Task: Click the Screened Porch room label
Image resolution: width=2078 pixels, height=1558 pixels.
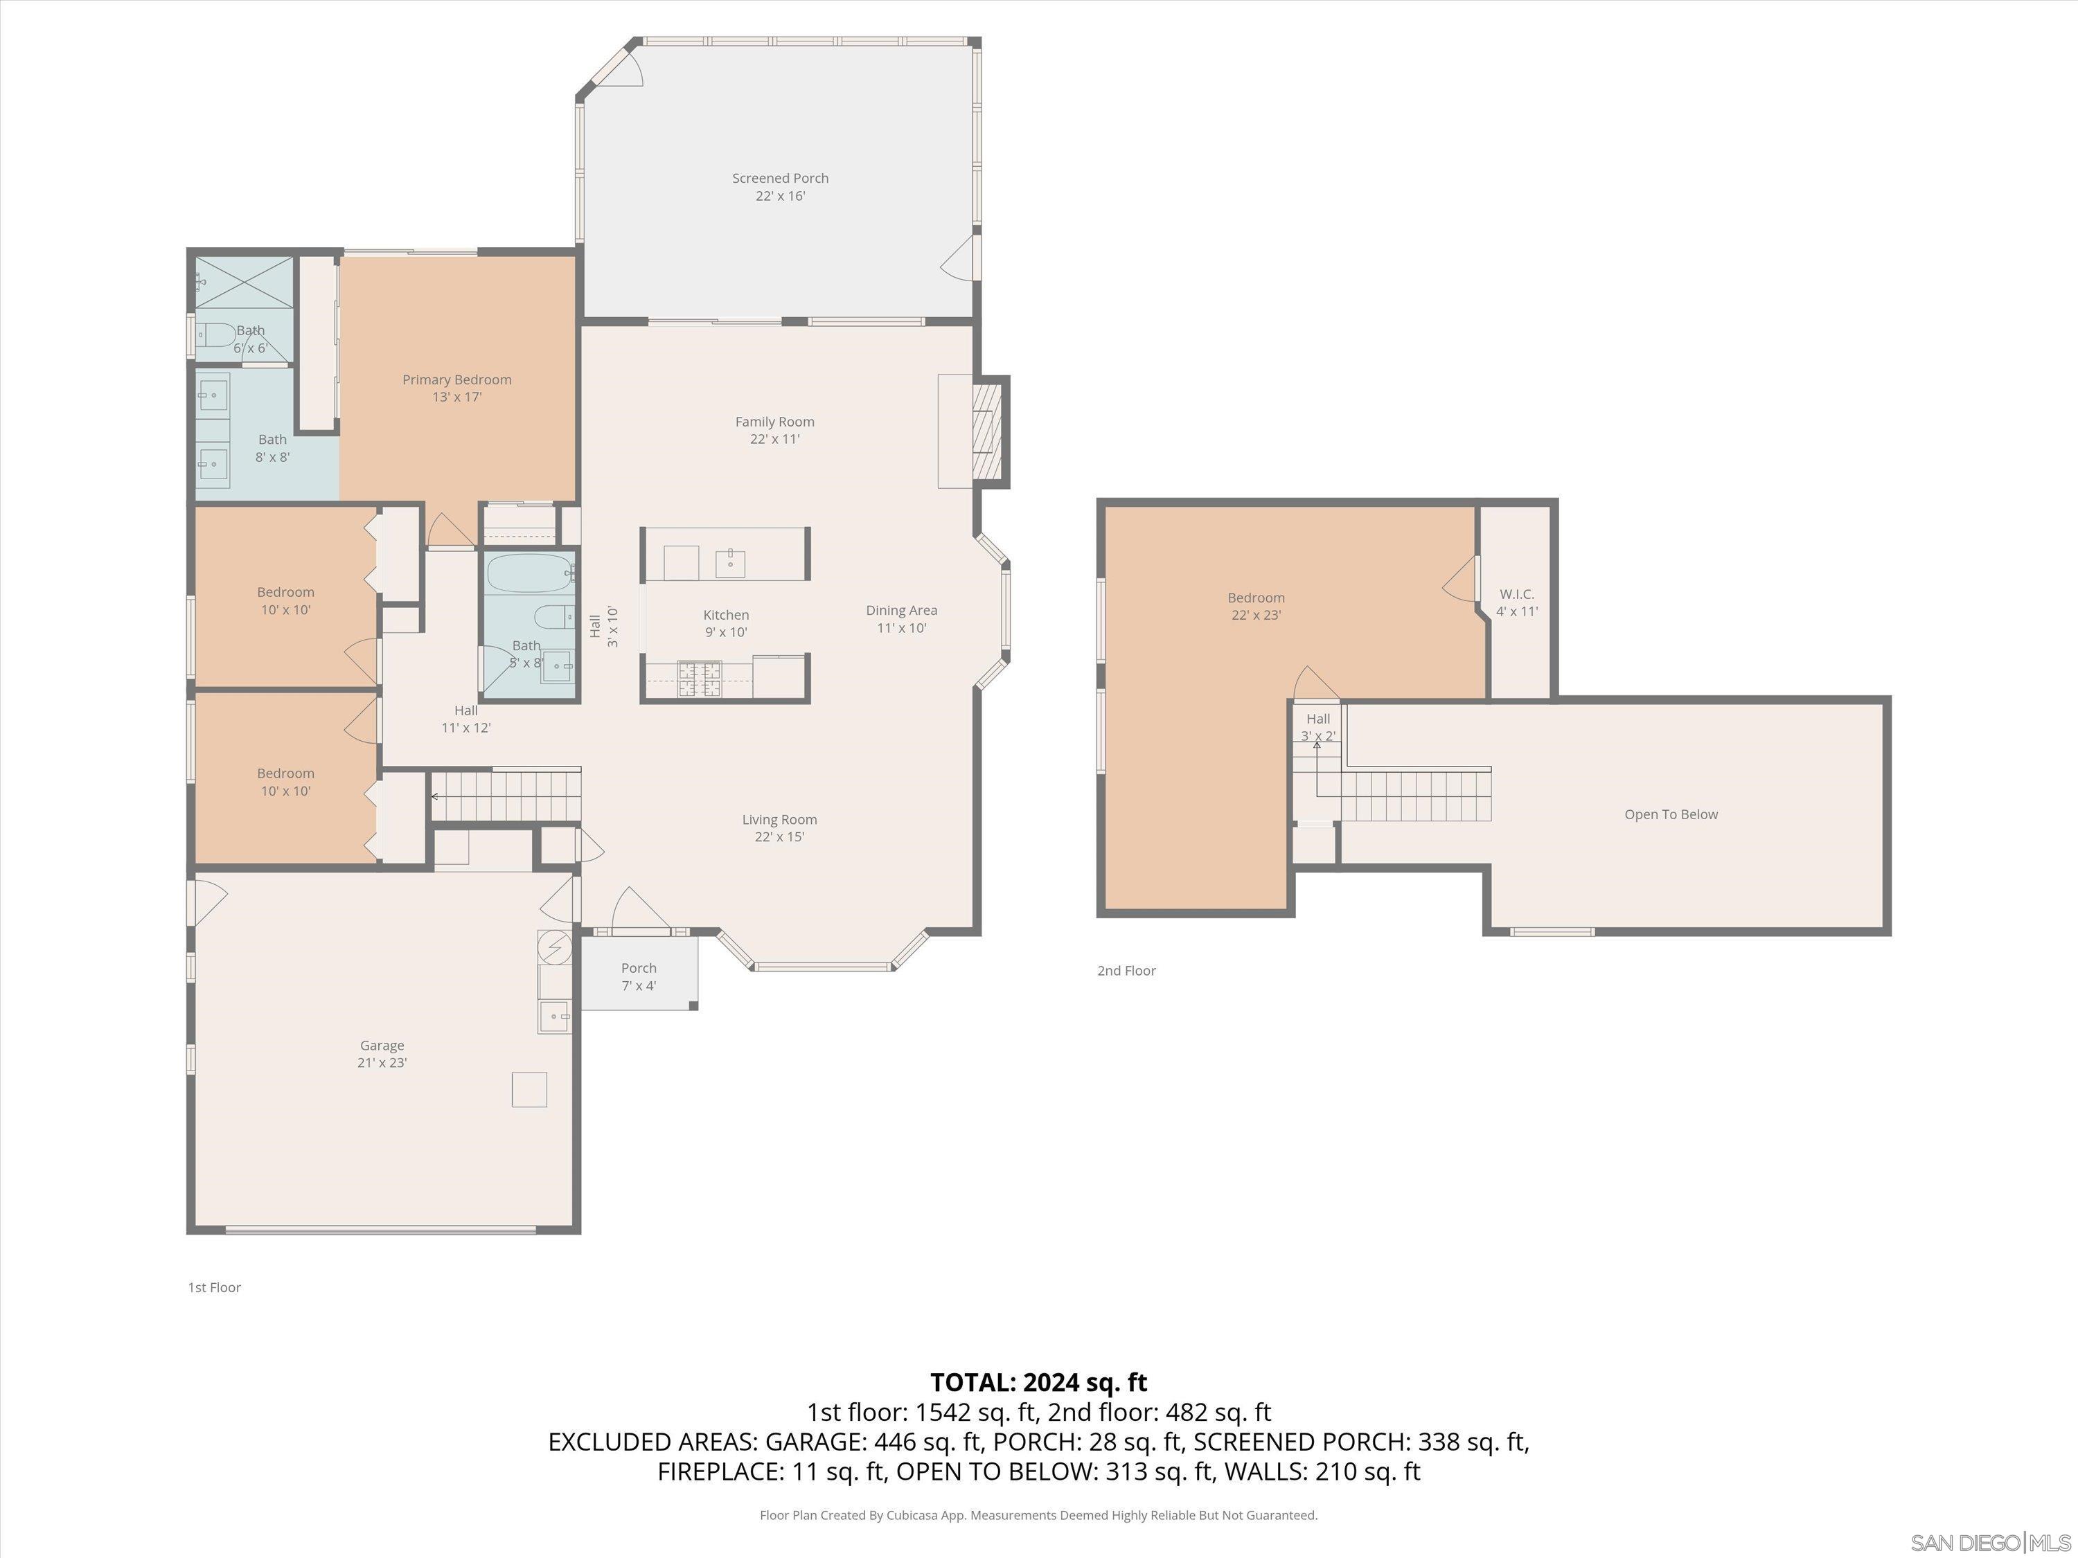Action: pos(780,187)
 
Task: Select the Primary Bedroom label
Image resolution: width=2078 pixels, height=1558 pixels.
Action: pos(456,388)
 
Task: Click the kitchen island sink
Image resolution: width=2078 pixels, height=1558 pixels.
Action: pos(730,564)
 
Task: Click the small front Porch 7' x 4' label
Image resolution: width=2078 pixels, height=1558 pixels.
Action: pos(638,976)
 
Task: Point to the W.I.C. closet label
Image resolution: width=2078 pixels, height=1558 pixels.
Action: pos(1516,602)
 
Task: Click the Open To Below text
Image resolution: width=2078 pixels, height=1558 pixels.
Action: pos(1670,814)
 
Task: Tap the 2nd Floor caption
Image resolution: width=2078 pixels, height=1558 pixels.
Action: pos(1126,970)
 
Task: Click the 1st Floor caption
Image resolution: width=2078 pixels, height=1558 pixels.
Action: pos(214,1287)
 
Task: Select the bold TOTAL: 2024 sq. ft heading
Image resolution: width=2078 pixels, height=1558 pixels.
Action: pos(1038,1382)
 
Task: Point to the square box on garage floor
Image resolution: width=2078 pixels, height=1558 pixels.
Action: pos(529,1089)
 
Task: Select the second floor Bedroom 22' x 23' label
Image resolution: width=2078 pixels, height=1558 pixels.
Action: pos(1255,606)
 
